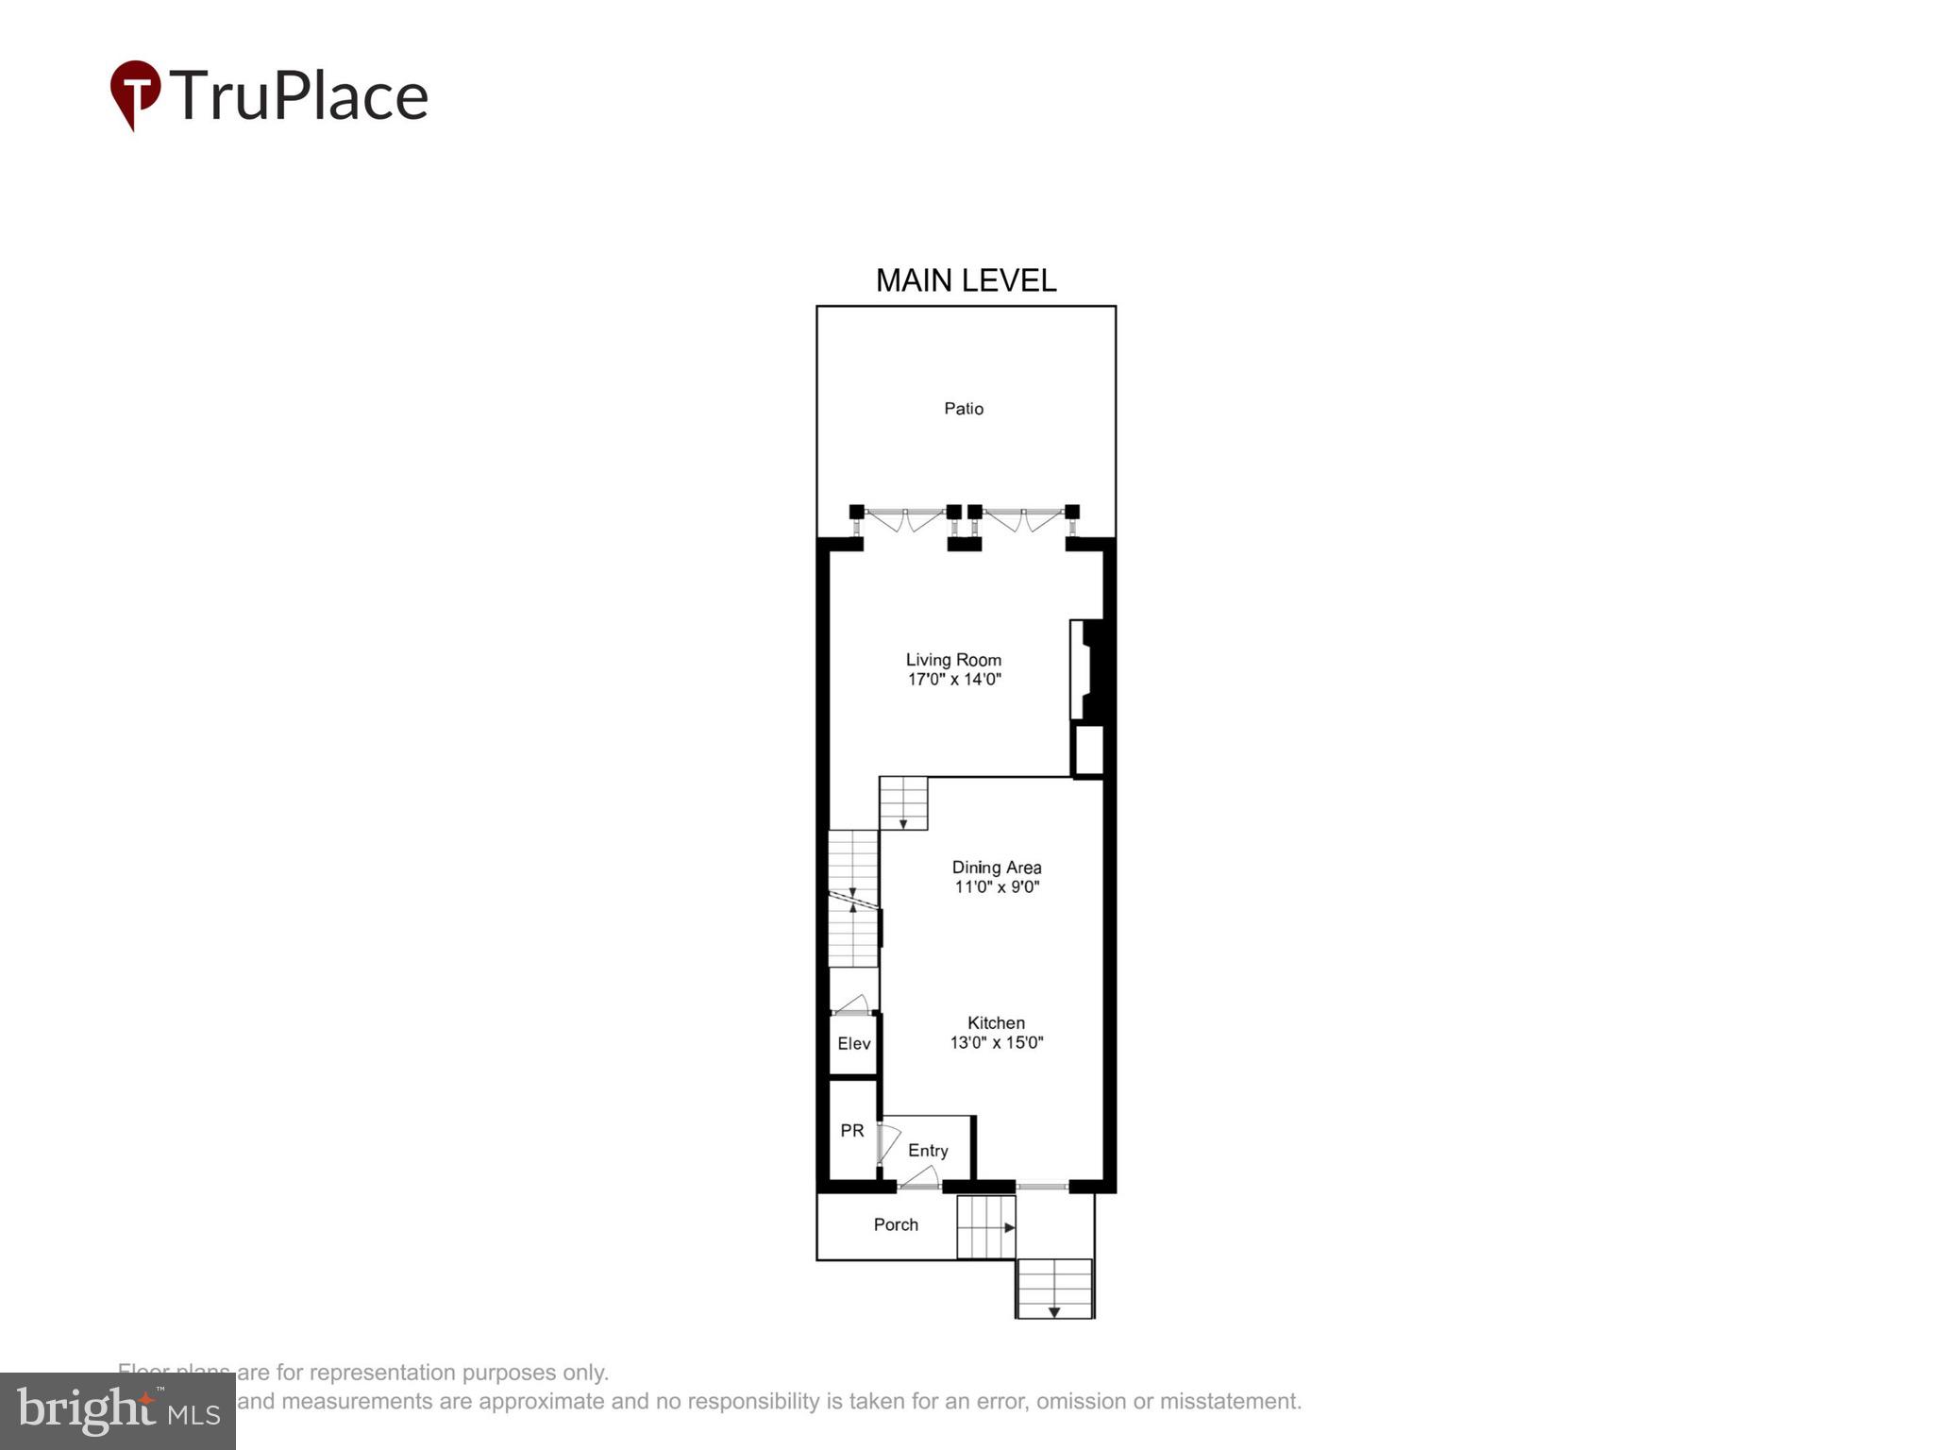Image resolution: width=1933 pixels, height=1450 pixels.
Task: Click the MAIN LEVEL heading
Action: pyautogui.click(x=966, y=280)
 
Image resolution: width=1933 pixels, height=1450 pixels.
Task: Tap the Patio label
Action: pyautogui.click(x=964, y=409)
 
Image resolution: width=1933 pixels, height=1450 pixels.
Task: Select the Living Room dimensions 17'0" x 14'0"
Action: pyautogui.click(x=953, y=680)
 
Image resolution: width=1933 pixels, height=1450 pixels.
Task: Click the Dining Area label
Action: pyautogui.click(x=996, y=867)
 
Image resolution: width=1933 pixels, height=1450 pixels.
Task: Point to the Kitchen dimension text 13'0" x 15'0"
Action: pyautogui.click(x=996, y=1042)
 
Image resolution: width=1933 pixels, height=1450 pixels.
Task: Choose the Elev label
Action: pyautogui.click(x=853, y=1043)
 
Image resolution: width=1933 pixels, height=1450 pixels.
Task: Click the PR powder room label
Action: pyautogui.click(x=851, y=1130)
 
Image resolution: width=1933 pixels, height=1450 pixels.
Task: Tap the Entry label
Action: pyautogui.click(x=927, y=1150)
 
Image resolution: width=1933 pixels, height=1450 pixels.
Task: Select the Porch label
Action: pyautogui.click(x=895, y=1224)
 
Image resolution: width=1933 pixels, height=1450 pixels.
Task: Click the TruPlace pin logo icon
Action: pyautogui.click(x=135, y=93)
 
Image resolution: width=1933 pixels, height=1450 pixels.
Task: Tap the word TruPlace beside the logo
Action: pyautogui.click(x=299, y=95)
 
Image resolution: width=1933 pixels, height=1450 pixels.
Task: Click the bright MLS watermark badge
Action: pyautogui.click(x=117, y=1411)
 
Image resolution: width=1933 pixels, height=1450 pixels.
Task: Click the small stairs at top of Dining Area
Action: pyautogui.click(x=903, y=803)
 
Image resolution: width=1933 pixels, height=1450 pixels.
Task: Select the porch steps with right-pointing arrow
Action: pyautogui.click(x=985, y=1227)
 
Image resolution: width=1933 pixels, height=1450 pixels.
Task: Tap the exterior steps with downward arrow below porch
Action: pyautogui.click(x=1054, y=1289)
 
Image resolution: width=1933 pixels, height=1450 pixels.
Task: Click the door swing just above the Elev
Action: pyautogui.click(x=851, y=1004)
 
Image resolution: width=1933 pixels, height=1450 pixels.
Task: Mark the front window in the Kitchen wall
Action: pyautogui.click(x=1042, y=1186)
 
